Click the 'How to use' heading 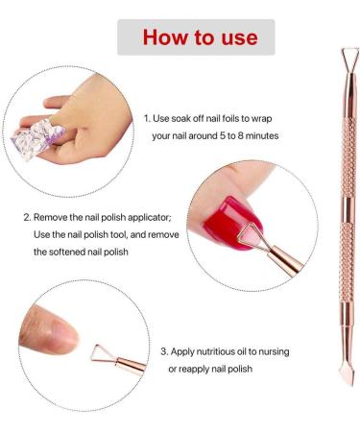click(200, 36)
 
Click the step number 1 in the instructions click(146, 118)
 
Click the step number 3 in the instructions click(163, 351)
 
